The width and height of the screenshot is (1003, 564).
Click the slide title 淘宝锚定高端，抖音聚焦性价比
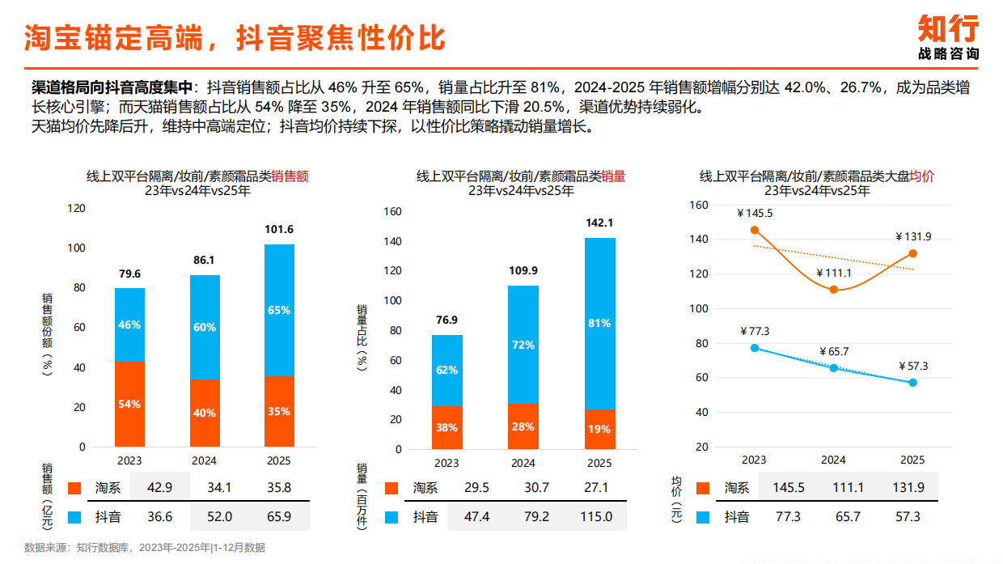point(235,37)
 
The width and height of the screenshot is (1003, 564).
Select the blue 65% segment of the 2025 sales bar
point(279,310)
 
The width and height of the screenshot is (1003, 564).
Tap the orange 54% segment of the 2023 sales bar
point(129,404)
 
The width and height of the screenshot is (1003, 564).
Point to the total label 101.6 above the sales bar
point(279,230)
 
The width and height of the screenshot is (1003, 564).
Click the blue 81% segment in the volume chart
point(599,323)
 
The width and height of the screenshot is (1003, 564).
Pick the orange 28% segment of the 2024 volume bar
point(523,426)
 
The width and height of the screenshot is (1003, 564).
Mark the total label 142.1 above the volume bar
point(599,223)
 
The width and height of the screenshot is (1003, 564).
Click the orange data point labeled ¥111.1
point(833,290)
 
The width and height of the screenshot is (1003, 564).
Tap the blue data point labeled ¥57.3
point(912,383)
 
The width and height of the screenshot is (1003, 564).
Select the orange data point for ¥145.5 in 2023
point(755,230)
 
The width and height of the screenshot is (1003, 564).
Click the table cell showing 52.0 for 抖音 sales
point(219,516)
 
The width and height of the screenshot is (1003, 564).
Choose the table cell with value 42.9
point(159,488)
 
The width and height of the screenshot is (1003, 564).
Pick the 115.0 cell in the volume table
point(596,516)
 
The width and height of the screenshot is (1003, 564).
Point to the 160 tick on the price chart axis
point(700,205)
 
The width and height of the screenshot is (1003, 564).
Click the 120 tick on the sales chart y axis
point(76,208)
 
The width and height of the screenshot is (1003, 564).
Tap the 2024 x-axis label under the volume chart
point(523,463)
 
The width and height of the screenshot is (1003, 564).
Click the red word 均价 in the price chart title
point(922,176)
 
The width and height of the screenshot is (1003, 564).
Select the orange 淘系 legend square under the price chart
point(702,488)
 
